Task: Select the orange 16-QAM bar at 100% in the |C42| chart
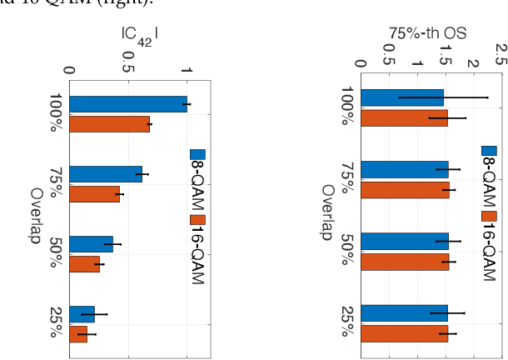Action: click(x=109, y=125)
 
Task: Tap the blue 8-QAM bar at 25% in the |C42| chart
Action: click(x=82, y=314)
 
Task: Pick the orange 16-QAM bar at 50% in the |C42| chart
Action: click(x=87, y=264)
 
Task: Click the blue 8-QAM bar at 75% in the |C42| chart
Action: click(x=105, y=174)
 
